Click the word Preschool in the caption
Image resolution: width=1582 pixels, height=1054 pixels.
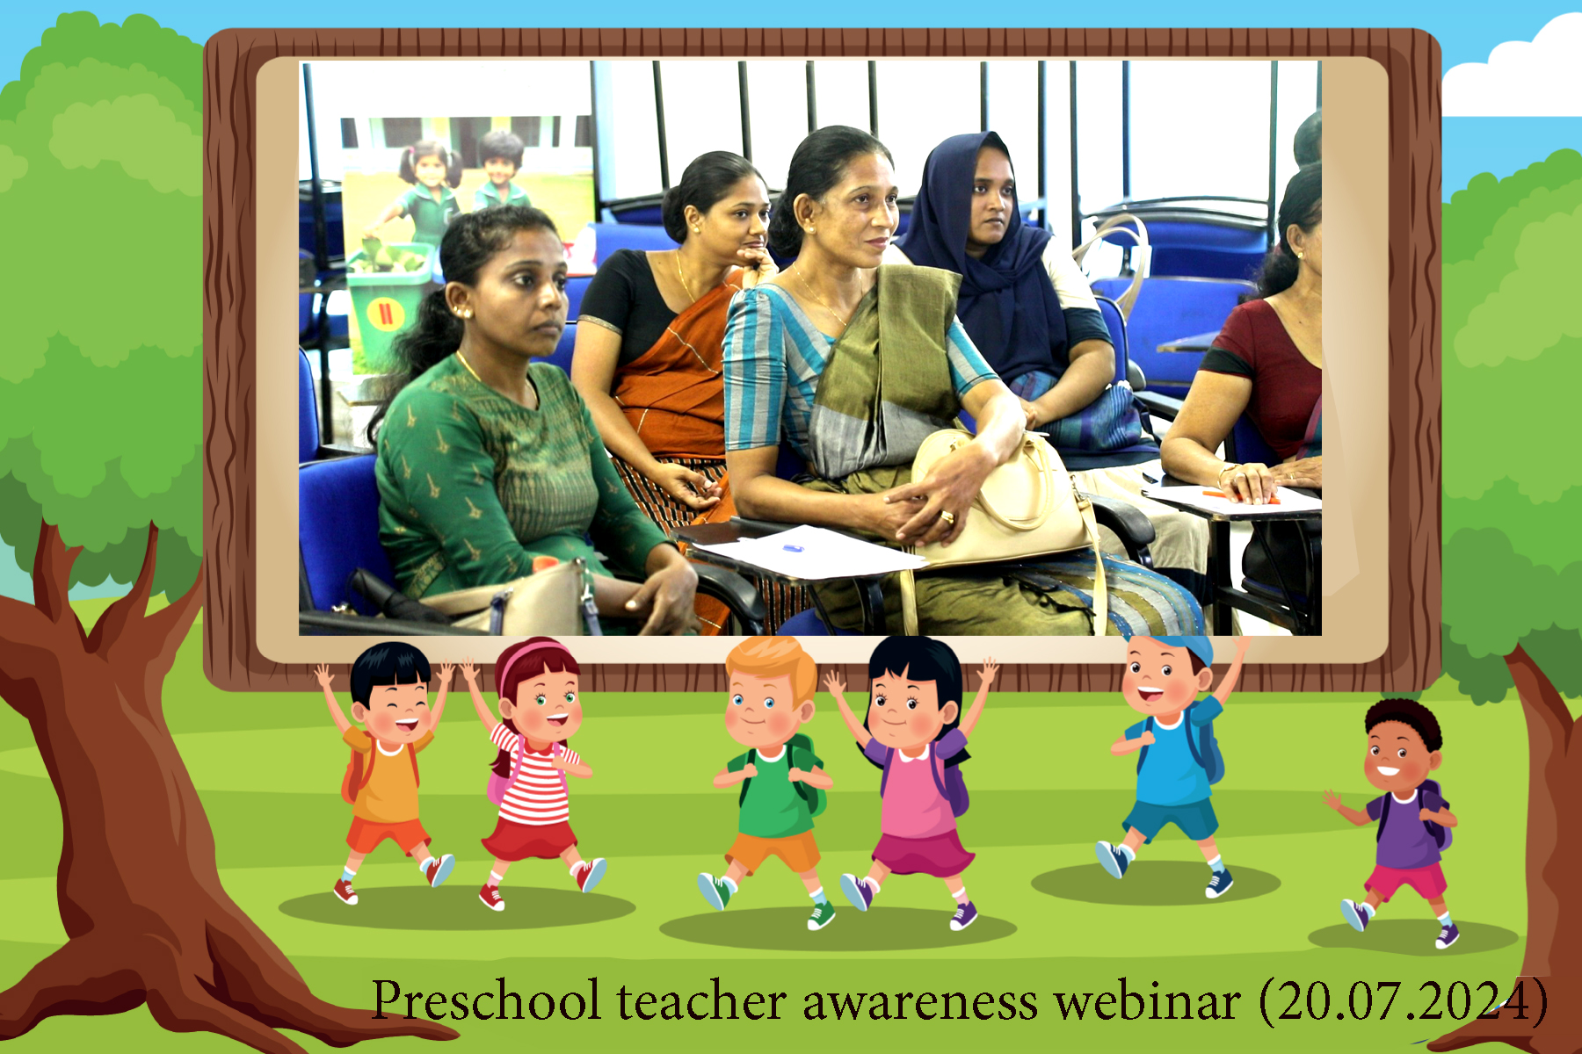(x=486, y=1000)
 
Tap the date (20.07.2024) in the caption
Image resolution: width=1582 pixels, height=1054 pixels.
(x=1403, y=1000)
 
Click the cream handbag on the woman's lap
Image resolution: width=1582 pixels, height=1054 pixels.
(x=1002, y=501)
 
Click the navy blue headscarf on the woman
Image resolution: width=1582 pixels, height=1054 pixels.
(x=984, y=246)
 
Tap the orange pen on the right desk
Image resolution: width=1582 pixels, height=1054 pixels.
(x=1239, y=497)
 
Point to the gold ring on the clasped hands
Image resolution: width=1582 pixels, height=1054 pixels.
(x=947, y=516)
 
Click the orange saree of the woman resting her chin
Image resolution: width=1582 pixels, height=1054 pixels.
(x=672, y=386)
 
